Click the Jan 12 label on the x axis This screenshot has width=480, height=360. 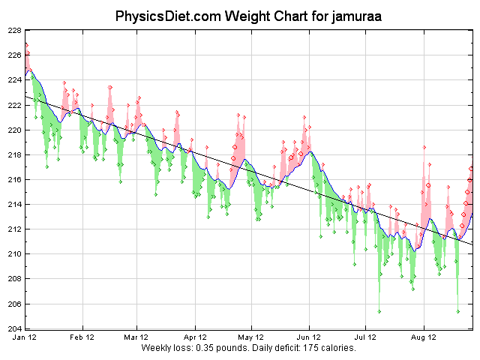coord(25,338)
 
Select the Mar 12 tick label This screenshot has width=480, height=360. coord(137,338)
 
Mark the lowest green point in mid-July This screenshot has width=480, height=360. coord(379,311)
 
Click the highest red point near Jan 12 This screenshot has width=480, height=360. coord(25,44)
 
